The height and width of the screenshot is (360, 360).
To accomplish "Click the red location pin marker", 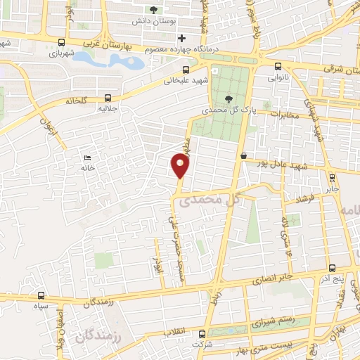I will point(181,166).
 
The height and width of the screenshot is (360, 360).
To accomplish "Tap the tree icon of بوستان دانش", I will point(154,10).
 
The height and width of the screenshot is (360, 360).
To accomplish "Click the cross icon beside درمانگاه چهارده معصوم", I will point(182,38).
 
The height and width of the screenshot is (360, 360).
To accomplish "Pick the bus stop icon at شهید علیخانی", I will point(186,70).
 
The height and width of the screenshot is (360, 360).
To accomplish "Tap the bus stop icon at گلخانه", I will point(108,98).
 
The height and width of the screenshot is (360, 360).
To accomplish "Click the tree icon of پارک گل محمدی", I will point(227,98).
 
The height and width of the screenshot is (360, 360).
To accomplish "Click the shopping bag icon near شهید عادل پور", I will point(243,156).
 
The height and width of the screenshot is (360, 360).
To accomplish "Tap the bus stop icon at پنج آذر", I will point(333,268).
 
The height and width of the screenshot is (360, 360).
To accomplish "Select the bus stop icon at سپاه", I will point(42,296).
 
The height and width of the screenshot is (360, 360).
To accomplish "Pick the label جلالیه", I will point(106,109).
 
